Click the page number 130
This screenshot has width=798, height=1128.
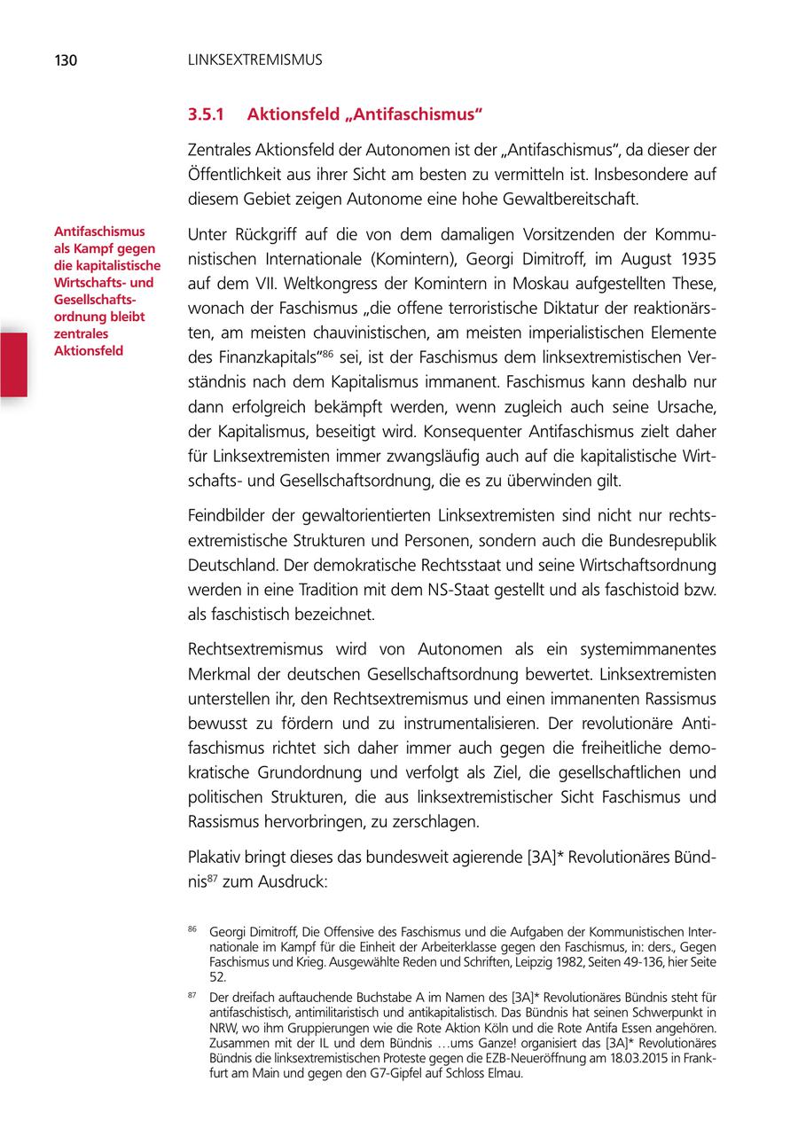pyautogui.click(x=66, y=61)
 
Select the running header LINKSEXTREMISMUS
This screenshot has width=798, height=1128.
pyautogui.click(x=254, y=61)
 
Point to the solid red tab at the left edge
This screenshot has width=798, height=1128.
pyautogui.click(x=13, y=364)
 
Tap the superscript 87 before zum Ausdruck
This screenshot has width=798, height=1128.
pyautogui.click(x=213, y=879)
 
